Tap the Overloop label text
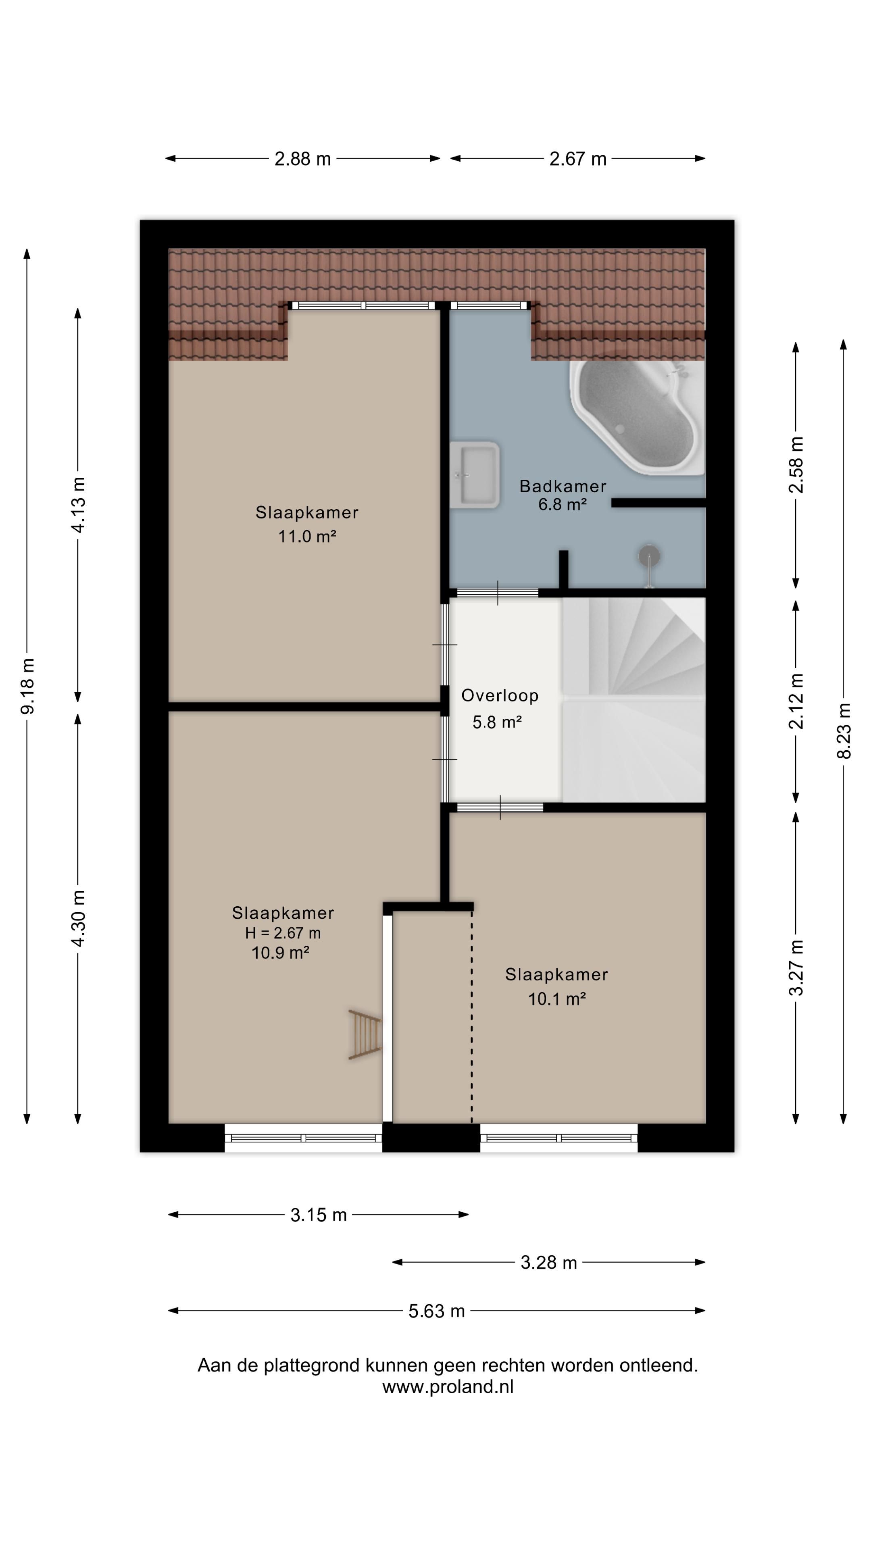pyautogui.click(x=500, y=695)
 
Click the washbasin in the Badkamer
pyautogui.click(x=474, y=475)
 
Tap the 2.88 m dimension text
pyautogui.click(x=302, y=159)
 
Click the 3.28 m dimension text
pyautogui.click(x=548, y=1263)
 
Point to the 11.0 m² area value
pyautogui.click(x=306, y=536)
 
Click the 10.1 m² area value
pyautogui.click(x=556, y=999)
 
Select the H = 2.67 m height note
pyautogui.click(x=283, y=933)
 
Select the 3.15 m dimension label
pyautogui.click(x=319, y=1215)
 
